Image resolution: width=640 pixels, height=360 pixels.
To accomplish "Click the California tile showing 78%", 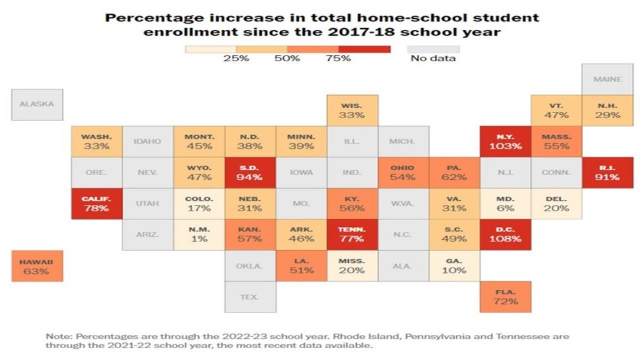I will (96, 203).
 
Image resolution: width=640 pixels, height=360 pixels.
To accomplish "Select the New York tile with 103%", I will (505, 141).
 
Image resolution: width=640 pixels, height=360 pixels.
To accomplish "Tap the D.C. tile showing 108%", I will (505, 234).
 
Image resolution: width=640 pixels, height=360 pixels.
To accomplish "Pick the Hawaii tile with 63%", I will (36, 266).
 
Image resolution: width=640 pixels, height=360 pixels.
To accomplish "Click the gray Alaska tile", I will (37, 104).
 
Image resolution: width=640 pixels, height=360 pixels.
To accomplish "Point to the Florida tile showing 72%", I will (505, 297).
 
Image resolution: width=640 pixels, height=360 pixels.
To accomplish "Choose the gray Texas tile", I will (249, 297).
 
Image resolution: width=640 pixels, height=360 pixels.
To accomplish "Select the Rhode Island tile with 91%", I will (607, 172).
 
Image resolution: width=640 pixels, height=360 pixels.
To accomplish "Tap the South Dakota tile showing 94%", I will (249, 172).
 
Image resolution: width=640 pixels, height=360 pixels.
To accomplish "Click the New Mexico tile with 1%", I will (199, 234).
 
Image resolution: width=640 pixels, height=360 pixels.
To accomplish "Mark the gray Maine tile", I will (607, 79).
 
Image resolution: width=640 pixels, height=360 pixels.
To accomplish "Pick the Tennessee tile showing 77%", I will (352, 234).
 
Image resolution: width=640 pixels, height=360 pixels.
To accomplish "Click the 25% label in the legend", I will (236, 59).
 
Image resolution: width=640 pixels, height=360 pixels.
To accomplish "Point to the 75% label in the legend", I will (339, 59).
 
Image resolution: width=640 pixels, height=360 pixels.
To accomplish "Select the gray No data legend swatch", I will (433, 48).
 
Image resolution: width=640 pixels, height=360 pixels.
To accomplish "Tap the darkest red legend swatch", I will (364, 48).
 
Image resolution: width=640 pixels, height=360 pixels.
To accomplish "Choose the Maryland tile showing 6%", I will (505, 203).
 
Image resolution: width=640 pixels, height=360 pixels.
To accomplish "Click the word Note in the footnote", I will (57, 336).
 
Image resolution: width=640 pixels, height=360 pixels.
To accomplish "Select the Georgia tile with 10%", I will (454, 266).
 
